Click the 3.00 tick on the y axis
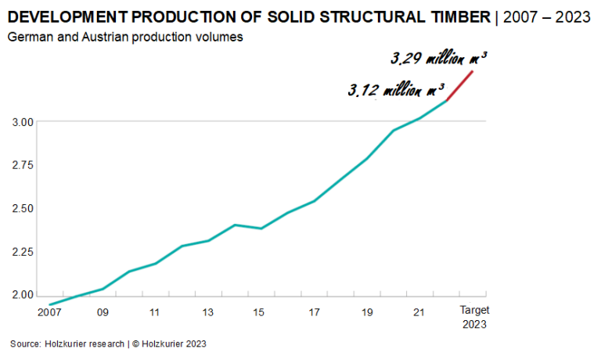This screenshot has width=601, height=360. (23, 122)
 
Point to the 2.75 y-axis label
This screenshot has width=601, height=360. (23, 165)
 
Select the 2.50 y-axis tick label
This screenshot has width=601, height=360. (23, 209)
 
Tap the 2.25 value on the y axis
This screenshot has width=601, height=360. (23, 252)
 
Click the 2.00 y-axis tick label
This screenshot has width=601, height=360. (23, 295)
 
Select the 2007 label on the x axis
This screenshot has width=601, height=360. (49, 313)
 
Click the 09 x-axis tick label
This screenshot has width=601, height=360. (103, 313)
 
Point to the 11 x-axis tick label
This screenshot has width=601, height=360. (155, 313)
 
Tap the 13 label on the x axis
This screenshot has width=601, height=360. (208, 313)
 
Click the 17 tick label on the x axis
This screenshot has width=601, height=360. (314, 313)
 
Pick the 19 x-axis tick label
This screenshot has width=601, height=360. (367, 313)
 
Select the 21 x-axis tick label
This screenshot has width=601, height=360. (419, 313)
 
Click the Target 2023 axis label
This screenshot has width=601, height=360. (473, 318)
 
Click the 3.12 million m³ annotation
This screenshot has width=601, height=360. (398, 90)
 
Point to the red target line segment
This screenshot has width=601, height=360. (460, 85)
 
